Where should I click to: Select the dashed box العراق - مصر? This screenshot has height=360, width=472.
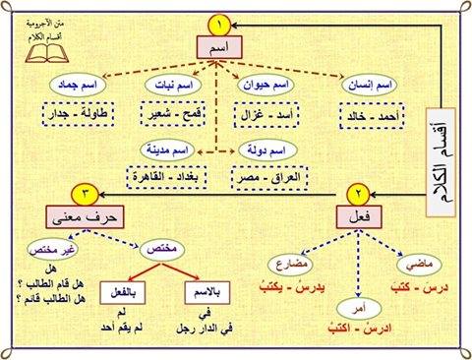point(269,178)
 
